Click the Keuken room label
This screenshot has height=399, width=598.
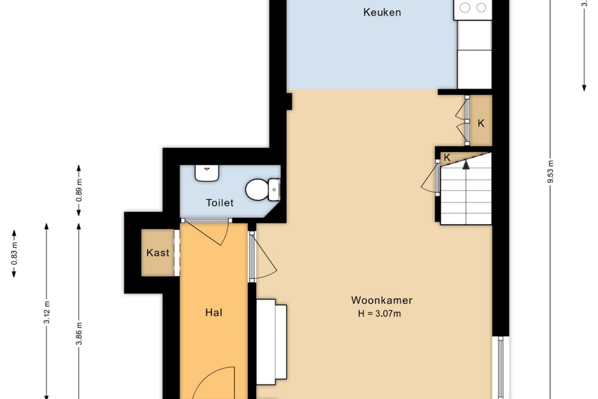[x=382, y=13]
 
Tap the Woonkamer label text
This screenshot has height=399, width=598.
[x=382, y=300]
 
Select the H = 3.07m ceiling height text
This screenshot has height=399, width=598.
[x=379, y=314]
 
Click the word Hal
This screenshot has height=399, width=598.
[x=214, y=313]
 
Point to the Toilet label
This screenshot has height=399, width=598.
[x=220, y=203]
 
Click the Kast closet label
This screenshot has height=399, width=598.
[x=158, y=253]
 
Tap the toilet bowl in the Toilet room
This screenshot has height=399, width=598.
[x=256, y=190]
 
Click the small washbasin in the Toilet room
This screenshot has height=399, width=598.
[x=207, y=173]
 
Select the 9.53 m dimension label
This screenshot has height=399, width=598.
[x=550, y=171]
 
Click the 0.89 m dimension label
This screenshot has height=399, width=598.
[x=79, y=190]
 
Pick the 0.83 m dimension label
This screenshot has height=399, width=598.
[x=14, y=253]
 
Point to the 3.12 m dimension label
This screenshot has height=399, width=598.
[x=47, y=313]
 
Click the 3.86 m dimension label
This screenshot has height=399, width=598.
[x=79, y=334]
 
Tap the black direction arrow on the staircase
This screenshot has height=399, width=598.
[x=466, y=164]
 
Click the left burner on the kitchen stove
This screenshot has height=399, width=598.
[x=465, y=8]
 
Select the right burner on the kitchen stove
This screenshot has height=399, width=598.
[x=481, y=8]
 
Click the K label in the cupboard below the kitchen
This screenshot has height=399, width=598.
[x=481, y=124]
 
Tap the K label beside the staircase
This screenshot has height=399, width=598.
[x=447, y=158]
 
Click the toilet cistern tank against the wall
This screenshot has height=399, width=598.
[x=274, y=190]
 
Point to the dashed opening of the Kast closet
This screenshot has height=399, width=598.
[x=177, y=253]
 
